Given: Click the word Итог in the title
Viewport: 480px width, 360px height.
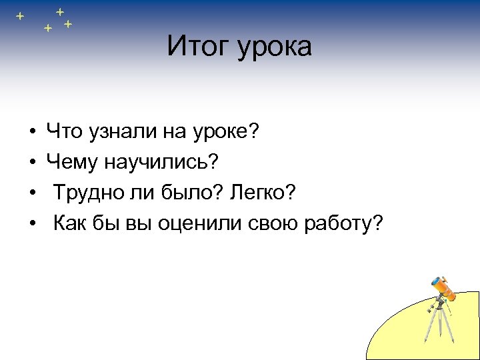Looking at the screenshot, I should pyautogui.click(x=196, y=46).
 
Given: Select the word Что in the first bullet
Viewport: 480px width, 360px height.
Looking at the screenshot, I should pyautogui.click(x=64, y=133).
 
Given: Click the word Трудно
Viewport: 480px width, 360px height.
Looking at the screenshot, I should pyautogui.click(x=87, y=194).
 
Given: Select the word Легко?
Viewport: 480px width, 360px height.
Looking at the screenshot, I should pyautogui.click(x=261, y=194).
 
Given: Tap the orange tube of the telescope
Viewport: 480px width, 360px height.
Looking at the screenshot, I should pyautogui.click(x=444, y=287).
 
